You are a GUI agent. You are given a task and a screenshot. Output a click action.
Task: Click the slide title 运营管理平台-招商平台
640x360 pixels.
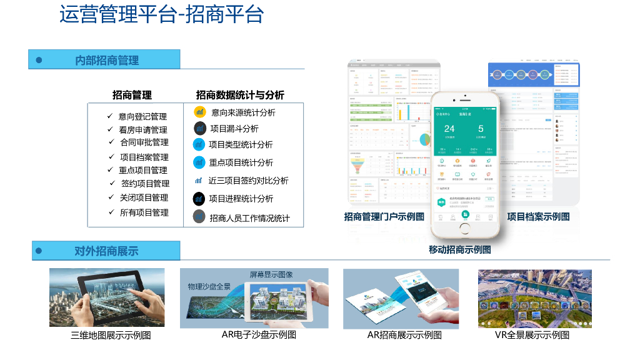pyautogui.click(x=161, y=15)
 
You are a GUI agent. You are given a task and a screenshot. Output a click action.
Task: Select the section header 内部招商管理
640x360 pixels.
pyautogui.click(x=107, y=61)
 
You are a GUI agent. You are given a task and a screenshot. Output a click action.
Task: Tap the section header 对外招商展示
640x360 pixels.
pyautogui.click(x=106, y=251)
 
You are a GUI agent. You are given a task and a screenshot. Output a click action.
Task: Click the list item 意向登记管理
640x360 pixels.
pyautogui.click(x=142, y=116)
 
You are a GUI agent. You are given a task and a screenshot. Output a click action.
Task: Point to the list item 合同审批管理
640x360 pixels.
pyautogui.click(x=144, y=142)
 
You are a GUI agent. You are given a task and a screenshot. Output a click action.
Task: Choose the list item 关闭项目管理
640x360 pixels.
pyautogui.click(x=144, y=197)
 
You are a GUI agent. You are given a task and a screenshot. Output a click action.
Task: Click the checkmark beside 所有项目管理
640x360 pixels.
pyautogui.click(x=111, y=212)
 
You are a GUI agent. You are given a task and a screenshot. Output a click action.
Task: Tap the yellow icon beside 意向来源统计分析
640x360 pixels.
pyautogui.click(x=200, y=112)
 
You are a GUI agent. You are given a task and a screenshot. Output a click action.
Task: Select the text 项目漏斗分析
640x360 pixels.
pyautogui.click(x=234, y=129)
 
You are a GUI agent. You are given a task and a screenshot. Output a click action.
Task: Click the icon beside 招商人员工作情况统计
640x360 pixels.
pyautogui.click(x=199, y=217)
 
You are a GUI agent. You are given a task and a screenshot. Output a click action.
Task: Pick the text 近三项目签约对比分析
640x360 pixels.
pyautogui.click(x=248, y=181)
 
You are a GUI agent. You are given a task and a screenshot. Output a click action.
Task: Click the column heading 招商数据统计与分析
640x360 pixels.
pyautogui.click(x=240, y=95)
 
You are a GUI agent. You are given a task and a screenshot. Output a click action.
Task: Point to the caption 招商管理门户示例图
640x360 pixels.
pyautogui.click(x=384, y=217)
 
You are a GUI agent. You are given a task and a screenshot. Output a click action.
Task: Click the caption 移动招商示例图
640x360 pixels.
pyautogui.click(x=459, y=249)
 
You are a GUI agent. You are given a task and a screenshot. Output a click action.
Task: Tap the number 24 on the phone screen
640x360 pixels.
pyautogui.click(x=449, y=129)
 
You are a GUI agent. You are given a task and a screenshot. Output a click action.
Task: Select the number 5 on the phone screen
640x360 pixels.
pyautogui.click(x=481, y=129)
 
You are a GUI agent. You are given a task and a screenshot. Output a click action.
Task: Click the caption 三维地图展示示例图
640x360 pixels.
pyautogui.click(x=111, y=335)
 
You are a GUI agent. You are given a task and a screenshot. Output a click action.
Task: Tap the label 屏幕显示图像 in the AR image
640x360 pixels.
pyautogui.click(x=271, y=274)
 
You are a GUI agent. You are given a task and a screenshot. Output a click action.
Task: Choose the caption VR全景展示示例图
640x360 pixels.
pyautogui.click(x=532, y=335)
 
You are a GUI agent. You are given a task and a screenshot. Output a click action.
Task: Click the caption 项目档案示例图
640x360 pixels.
pyautogui.click(x=538, y=217)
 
